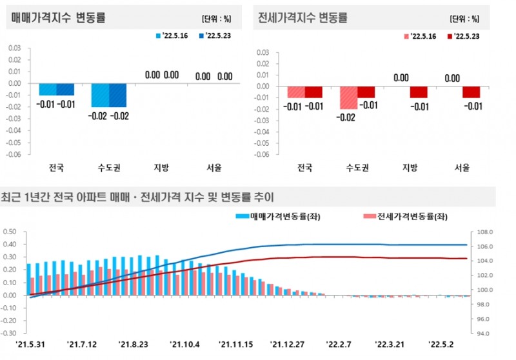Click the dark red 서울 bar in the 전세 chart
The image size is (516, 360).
pos(472,92)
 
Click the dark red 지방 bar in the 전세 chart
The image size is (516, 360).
pos(419,92)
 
